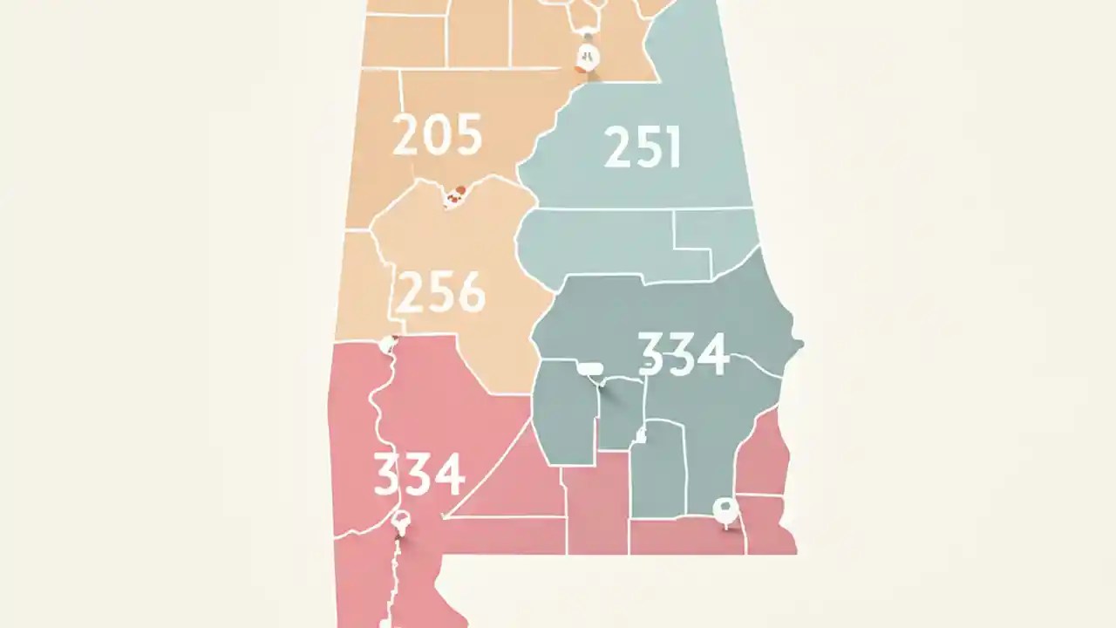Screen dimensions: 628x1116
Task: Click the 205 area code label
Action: (x=437, y=136)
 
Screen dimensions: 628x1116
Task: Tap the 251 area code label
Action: (x=643, y=147)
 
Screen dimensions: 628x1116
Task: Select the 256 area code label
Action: (x=440, y=292)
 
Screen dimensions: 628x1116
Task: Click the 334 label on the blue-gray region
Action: (x=683, y=353)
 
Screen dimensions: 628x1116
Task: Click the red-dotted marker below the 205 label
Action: (x=454, y=196)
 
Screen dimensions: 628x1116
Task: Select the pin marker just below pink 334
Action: (x=400, y=523)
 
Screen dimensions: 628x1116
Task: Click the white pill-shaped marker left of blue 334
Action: (x=590, y=369)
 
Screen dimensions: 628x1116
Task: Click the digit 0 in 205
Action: (x=437, y=136)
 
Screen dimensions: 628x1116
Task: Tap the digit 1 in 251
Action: (x=670, y=147)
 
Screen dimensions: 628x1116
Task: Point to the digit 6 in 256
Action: (x=472, y=292)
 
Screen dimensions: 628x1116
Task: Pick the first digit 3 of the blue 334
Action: (x=652, y=353)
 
